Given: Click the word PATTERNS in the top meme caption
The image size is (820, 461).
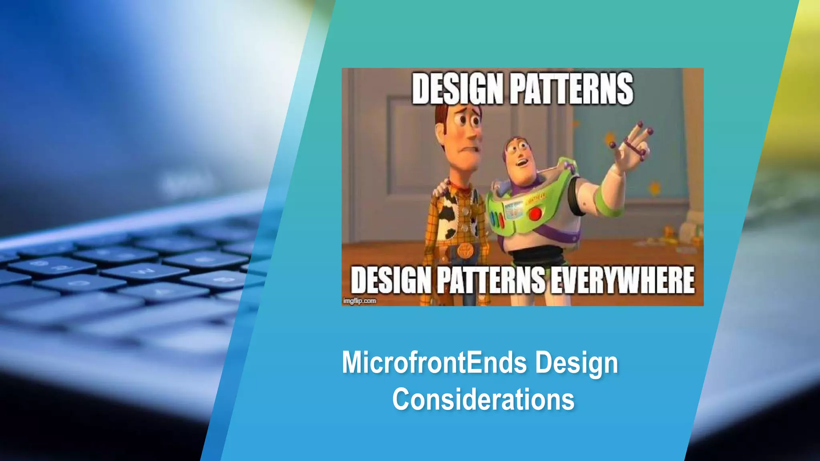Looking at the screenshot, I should [x=573, y=89].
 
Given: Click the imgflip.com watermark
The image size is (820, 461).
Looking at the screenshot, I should [x=360, y=301].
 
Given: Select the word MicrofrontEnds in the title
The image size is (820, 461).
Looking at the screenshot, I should [x=434, y=363].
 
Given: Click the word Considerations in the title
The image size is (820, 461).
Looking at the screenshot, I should [x=483, y=399].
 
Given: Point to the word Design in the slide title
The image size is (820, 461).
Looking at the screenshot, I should [x=577, y=363].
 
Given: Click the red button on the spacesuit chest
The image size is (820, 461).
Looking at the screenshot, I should [x=535, y=214].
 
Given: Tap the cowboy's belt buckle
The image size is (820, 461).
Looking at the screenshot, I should [x=465, y=251].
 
